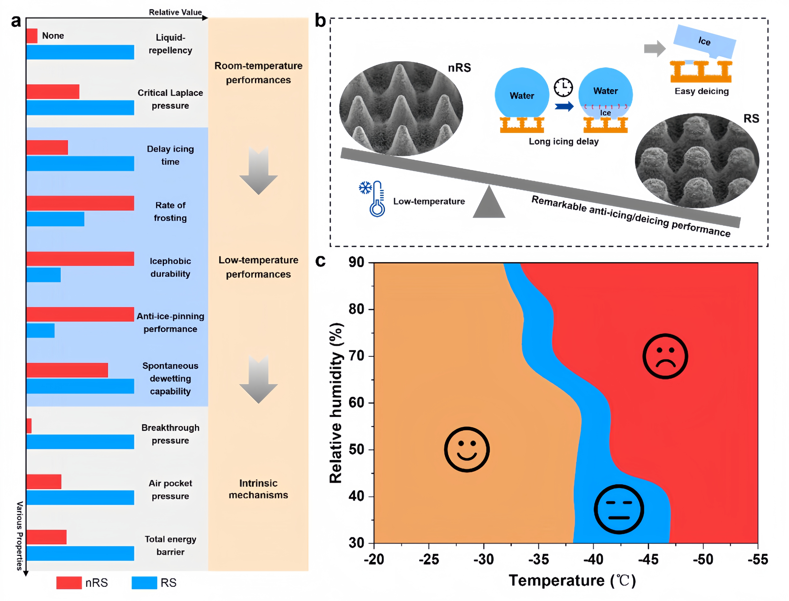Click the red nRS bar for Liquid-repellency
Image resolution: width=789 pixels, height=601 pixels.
coord(32,36)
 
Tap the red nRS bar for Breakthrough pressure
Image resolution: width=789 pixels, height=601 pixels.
coord(29,426)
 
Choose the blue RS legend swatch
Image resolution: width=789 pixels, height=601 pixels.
coord(144,583)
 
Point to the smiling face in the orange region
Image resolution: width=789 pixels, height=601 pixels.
coord(467,449)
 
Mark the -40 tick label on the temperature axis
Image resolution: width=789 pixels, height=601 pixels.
coord(593,559)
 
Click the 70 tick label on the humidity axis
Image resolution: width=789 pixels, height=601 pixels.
coord(357,356)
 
